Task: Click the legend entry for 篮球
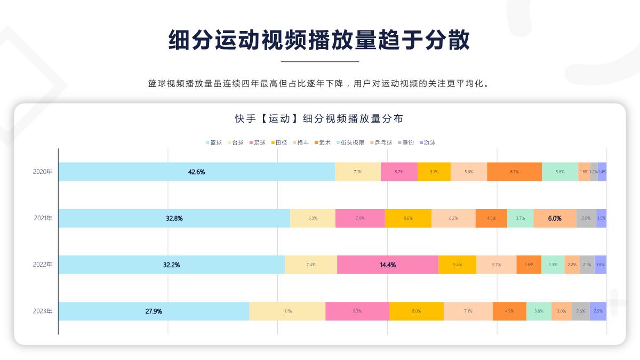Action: pos(214,142)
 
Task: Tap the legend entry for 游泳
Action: pos(428,142)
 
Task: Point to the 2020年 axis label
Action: pos(43,172)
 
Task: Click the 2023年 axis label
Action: pos(43,311)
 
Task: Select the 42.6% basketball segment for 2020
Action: pos(196,172)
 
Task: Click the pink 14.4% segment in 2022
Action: pos(388,265)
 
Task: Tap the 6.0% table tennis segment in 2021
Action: pos(555,218)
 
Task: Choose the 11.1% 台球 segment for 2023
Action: pos(287,311)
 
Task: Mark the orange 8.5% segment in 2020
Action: pos(514,172)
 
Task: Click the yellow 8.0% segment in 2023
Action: pos(416,311)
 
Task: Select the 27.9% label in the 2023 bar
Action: pos(154,311)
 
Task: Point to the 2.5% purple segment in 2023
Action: pos(598,311)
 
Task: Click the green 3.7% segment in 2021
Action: pos(520,218)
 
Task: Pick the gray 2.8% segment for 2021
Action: pos(586,218)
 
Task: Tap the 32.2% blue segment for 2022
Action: pos(171,265)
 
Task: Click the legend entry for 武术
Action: pos(323,142)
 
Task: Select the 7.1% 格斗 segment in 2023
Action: pos(468,311)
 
